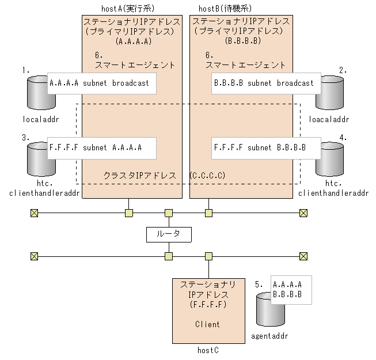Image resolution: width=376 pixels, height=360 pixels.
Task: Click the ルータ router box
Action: [169, 234]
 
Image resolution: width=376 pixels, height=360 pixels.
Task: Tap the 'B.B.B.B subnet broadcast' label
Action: [264, 83]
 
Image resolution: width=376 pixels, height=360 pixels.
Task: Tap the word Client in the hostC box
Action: [207, 324]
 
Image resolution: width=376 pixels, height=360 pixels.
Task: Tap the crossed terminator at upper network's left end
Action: [34, 213]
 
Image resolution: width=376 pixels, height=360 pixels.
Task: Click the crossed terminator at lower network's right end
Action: [303, 256]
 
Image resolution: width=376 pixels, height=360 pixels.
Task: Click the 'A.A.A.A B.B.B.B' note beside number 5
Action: [291, 290]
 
